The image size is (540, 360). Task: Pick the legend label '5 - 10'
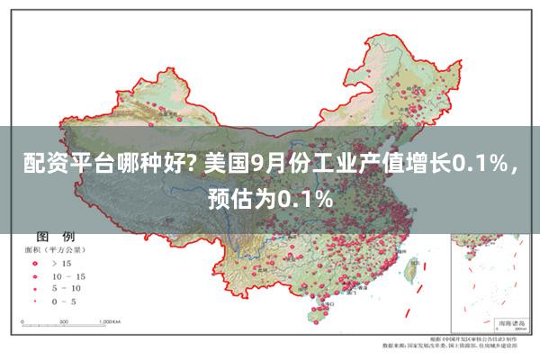tap(68, 288)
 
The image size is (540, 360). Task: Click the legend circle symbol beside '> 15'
tap(36, 264)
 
